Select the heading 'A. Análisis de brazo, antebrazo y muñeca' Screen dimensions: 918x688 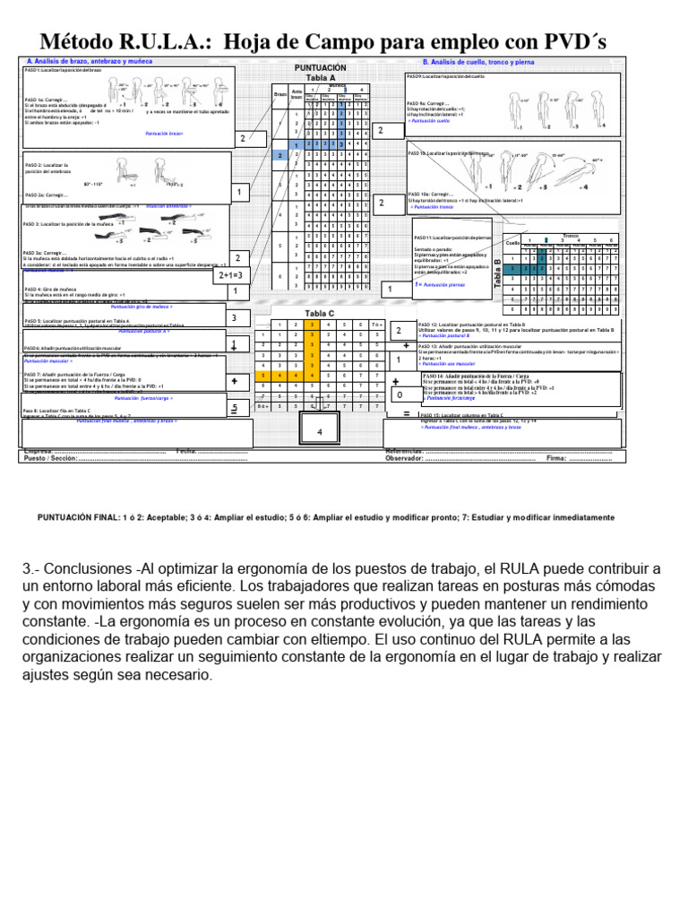[90, 61]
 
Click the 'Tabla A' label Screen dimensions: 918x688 [320, 78]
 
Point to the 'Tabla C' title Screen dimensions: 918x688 [320, 313]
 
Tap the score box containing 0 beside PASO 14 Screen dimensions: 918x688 [398, 393]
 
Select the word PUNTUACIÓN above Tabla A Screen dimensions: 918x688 [320, 68]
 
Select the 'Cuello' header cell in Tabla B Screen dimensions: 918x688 [512, 243]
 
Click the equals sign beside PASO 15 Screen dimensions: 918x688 [406, 414]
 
